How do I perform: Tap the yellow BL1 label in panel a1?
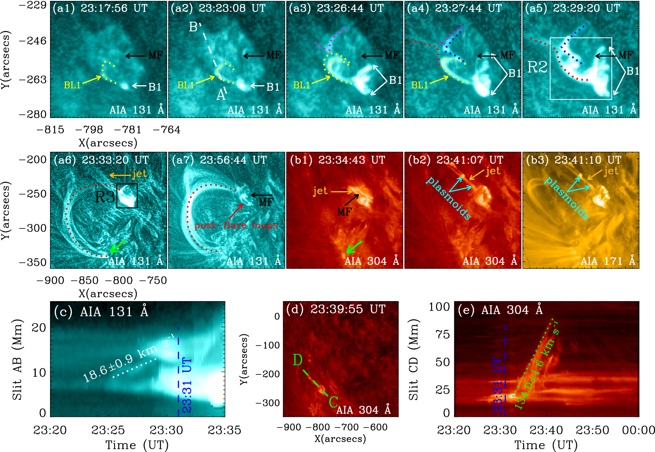tap(72, 85)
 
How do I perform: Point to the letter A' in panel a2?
tap(221, 95)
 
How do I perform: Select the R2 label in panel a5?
tap(537, 67)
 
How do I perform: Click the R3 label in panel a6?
tap(105, 197)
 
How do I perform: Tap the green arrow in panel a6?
tap(117, 246)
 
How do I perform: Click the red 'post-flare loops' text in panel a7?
tap(236, 225)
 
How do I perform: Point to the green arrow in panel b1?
tap(354, 247)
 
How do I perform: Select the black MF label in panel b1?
tap(344, 211)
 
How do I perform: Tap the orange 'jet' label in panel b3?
tap(611, 171)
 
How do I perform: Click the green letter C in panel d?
tap(333, 402)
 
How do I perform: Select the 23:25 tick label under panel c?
tap(108, 430)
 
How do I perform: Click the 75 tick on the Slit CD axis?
tap(442, 334)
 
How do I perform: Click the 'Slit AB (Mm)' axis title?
tap(17, 359)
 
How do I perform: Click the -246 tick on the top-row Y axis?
tap(33, 41)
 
